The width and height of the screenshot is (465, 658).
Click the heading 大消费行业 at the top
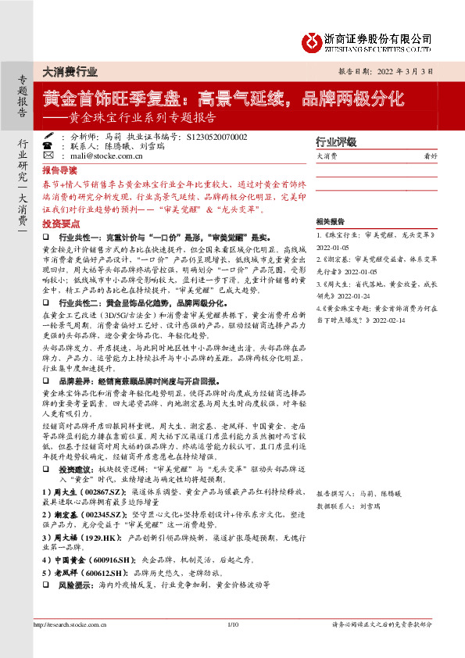pos(70,71)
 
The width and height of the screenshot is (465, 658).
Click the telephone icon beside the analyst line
pos(48,136)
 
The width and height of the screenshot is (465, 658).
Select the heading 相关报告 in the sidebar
pos(332,222)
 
